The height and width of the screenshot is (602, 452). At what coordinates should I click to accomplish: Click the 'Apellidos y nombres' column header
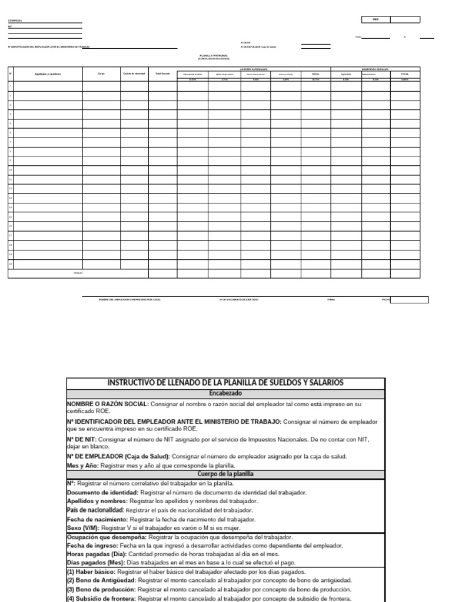tap(48, 74)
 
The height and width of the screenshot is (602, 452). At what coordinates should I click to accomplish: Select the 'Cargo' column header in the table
tap(101, 74)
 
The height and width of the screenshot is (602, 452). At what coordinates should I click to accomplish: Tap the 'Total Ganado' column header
tap(162, 74)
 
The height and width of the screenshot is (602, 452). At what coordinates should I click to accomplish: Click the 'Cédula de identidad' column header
tap(134, 74)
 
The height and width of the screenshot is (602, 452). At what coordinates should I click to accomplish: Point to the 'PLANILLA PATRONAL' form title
tap(214, 56)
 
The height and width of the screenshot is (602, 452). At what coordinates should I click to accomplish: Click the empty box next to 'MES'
tap(405, 19)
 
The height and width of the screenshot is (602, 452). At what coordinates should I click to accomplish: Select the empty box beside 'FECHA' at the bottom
tap(410, 300)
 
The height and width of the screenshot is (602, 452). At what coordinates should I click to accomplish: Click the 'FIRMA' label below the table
tap(331, 300)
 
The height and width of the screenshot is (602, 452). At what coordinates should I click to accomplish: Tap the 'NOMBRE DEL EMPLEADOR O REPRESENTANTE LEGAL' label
tap(129, 300)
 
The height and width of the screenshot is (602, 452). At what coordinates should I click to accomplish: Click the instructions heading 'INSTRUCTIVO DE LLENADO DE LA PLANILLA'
tap(225, 383)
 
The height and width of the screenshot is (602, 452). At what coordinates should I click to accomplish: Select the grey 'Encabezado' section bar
tap(225, 393)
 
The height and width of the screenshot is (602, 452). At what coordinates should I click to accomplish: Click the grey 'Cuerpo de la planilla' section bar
tap(225, 474)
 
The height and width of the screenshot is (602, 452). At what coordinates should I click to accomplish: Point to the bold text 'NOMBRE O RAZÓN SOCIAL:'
tap(108, 404)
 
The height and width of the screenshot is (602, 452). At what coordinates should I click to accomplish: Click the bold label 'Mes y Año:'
tap(82, 465)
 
